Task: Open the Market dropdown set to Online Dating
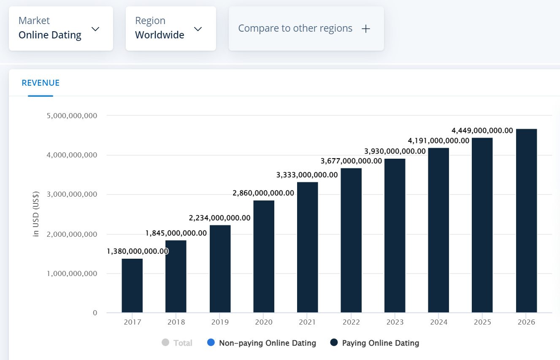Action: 61,28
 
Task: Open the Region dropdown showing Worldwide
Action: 170,28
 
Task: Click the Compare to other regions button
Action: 306,28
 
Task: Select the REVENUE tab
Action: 41,83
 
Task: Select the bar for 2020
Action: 264,256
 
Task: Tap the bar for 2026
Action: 526,220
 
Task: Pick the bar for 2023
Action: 395,235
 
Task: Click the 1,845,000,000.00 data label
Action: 176,233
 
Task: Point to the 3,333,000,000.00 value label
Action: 307,175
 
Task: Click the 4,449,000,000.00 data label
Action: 482,130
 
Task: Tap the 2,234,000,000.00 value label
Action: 219,218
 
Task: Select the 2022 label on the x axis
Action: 351,322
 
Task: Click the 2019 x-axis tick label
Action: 220,322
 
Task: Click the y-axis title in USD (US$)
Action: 36,214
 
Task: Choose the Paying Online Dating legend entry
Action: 375,343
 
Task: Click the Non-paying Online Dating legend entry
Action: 262,343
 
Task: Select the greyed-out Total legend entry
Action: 178,343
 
